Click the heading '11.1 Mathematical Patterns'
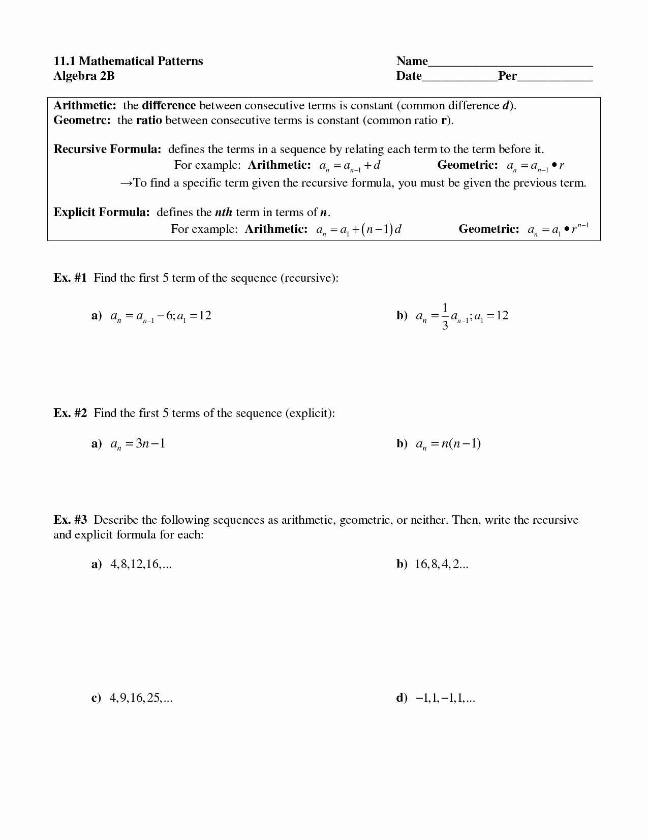(128, 62)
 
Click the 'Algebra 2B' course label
(84, 76)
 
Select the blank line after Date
(459, 78)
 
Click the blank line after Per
(555, 78)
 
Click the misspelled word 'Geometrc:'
(82, 121)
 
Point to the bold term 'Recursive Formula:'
(107, 149)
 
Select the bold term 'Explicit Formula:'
(102, 213)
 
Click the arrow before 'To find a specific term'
(126, 183)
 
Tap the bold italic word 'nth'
(224, 213)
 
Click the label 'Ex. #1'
(70, 278)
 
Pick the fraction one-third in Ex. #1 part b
(445, 316)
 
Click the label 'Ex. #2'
(70, 413)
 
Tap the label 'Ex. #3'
(70, 520)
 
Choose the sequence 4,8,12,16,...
(141, 564)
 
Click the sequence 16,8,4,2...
(441, 564)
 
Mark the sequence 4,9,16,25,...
(141, 698)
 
